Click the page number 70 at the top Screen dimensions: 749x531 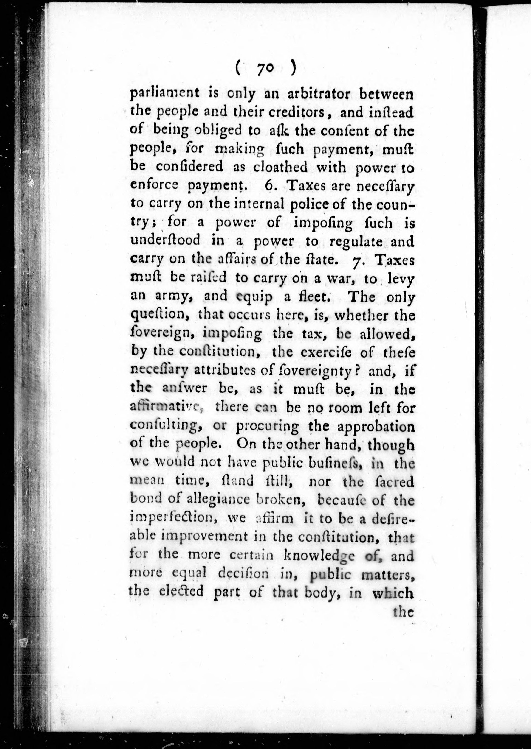pos(265,70)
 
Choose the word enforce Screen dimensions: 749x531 pos(154,186)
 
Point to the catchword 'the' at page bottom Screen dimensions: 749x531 pos(404,611)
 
